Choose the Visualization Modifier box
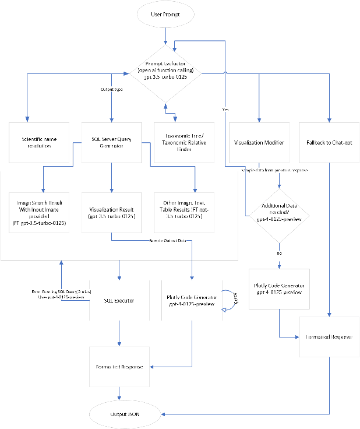click(x=258, y=143)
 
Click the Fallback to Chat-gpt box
click(x=330, y=143)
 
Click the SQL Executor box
click(x=119, y=300)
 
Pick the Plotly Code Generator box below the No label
click(x=280, y=288)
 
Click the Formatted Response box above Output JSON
click(x=119, y=366)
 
